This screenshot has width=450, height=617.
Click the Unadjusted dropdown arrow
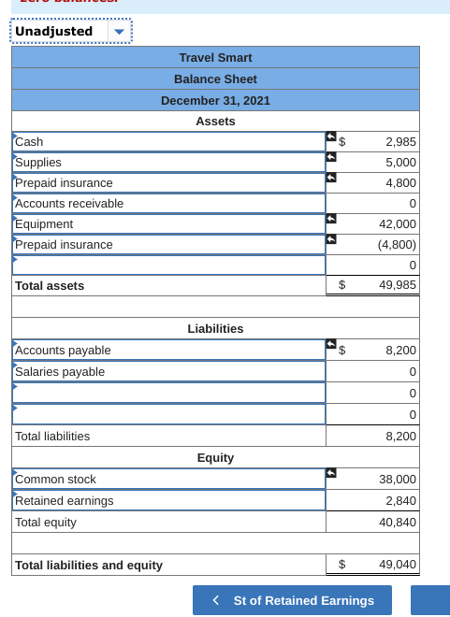(x=118, y=32)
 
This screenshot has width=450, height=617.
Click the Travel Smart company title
(x=215, y=58)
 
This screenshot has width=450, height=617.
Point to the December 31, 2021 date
(x=215, y=100)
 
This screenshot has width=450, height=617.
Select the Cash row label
(x=30, y=142)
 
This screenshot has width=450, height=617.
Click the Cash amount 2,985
(x=400, y=142)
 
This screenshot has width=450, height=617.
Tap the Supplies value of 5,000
(x=400, y=163)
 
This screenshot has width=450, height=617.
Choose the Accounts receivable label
(x=69, y=204)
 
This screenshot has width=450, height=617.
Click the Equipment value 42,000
(x=398, y=224)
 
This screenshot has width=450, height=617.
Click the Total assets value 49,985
(x=398, y=286)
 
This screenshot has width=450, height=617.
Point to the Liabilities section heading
(x=215, y=329)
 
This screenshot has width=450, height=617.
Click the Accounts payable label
(x=64, y=351)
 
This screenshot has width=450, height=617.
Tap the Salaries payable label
(x=60, y=372)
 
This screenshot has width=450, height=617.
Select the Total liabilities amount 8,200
(x=400, y=437)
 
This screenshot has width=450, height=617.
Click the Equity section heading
(x=215, y=458)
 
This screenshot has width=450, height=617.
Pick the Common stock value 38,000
(x=398, y=480)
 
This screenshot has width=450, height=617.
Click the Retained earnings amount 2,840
(x=400, y=501)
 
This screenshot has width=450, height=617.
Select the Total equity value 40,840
(x=398, y=523)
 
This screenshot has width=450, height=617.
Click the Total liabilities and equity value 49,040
(x=398, y=565)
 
